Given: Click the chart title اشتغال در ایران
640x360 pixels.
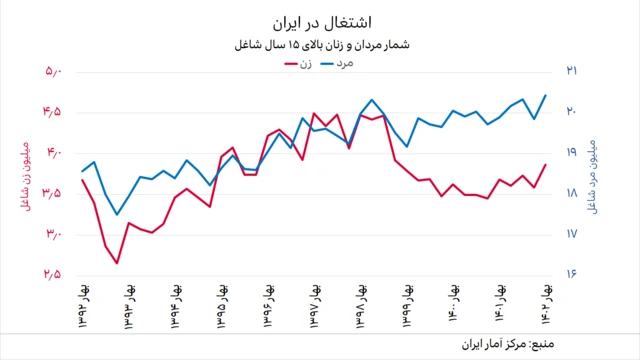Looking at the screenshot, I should click(321, 22).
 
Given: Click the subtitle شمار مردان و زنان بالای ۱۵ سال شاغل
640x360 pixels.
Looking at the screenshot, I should click(321, 45).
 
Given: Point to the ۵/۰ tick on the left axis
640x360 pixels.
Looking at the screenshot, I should click(53, 71).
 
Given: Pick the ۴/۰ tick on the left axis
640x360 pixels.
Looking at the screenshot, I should click(53, 152).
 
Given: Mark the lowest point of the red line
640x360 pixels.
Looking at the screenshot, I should click(117, 264).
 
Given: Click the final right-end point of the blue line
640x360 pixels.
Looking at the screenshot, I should click(545, 95).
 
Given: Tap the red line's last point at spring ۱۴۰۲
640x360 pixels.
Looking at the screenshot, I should click(545, 164).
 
